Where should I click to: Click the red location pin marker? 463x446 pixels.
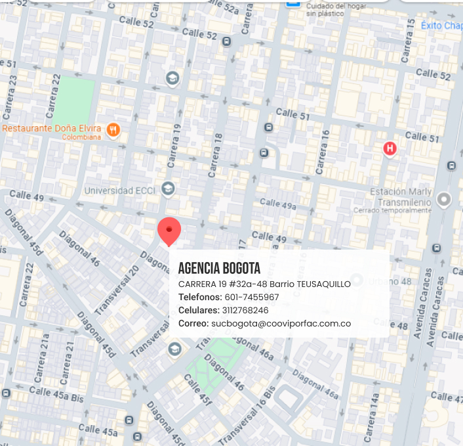click(169, 230)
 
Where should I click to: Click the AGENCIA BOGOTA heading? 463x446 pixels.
click(219, 269)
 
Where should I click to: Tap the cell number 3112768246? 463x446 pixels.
click(246, 310)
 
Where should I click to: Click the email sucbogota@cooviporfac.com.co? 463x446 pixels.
click(281, 323)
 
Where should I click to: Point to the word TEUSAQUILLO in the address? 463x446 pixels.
click(324, 284)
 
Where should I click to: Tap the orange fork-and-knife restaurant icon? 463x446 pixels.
click(113, 129)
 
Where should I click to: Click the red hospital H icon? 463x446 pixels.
click(390, 149)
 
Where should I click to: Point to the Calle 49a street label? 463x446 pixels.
click(278, 204)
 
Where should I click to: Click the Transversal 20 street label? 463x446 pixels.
click(117, 290)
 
